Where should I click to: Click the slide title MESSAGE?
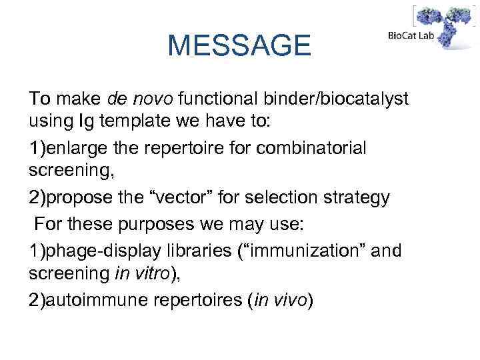click(239, 45)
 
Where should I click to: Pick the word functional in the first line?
click(214, 99)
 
